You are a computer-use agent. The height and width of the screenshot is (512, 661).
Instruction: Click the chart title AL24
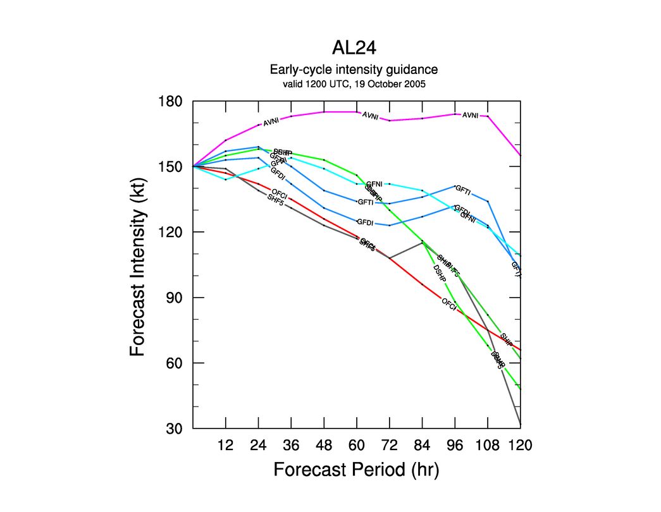[x=354, y=49]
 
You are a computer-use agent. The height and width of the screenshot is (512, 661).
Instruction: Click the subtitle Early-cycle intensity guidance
[x=354, y=70]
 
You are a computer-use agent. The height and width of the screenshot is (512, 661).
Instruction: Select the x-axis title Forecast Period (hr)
[x=356, y=470]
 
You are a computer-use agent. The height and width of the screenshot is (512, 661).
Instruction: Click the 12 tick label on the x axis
[x=226, y=446]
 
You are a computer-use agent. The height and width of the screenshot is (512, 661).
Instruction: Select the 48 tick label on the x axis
[x=324, y=446]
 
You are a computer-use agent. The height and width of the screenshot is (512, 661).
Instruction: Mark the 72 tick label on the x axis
[x=390, y=446]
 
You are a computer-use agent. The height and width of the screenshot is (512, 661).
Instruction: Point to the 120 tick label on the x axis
[x=520, y=446]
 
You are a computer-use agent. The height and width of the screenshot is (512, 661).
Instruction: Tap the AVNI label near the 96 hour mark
[x=471, y=115]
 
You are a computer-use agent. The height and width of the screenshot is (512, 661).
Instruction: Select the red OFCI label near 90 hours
[x=448, y=303]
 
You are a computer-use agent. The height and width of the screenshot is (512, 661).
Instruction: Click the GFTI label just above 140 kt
[x=463, y=190]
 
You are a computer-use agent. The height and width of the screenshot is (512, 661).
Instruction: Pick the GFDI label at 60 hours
[x=365, y=222]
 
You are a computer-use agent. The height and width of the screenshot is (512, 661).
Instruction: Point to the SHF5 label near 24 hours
[x=275, y=200]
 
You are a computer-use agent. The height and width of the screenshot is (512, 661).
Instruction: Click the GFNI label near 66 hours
[x=374, y=185]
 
